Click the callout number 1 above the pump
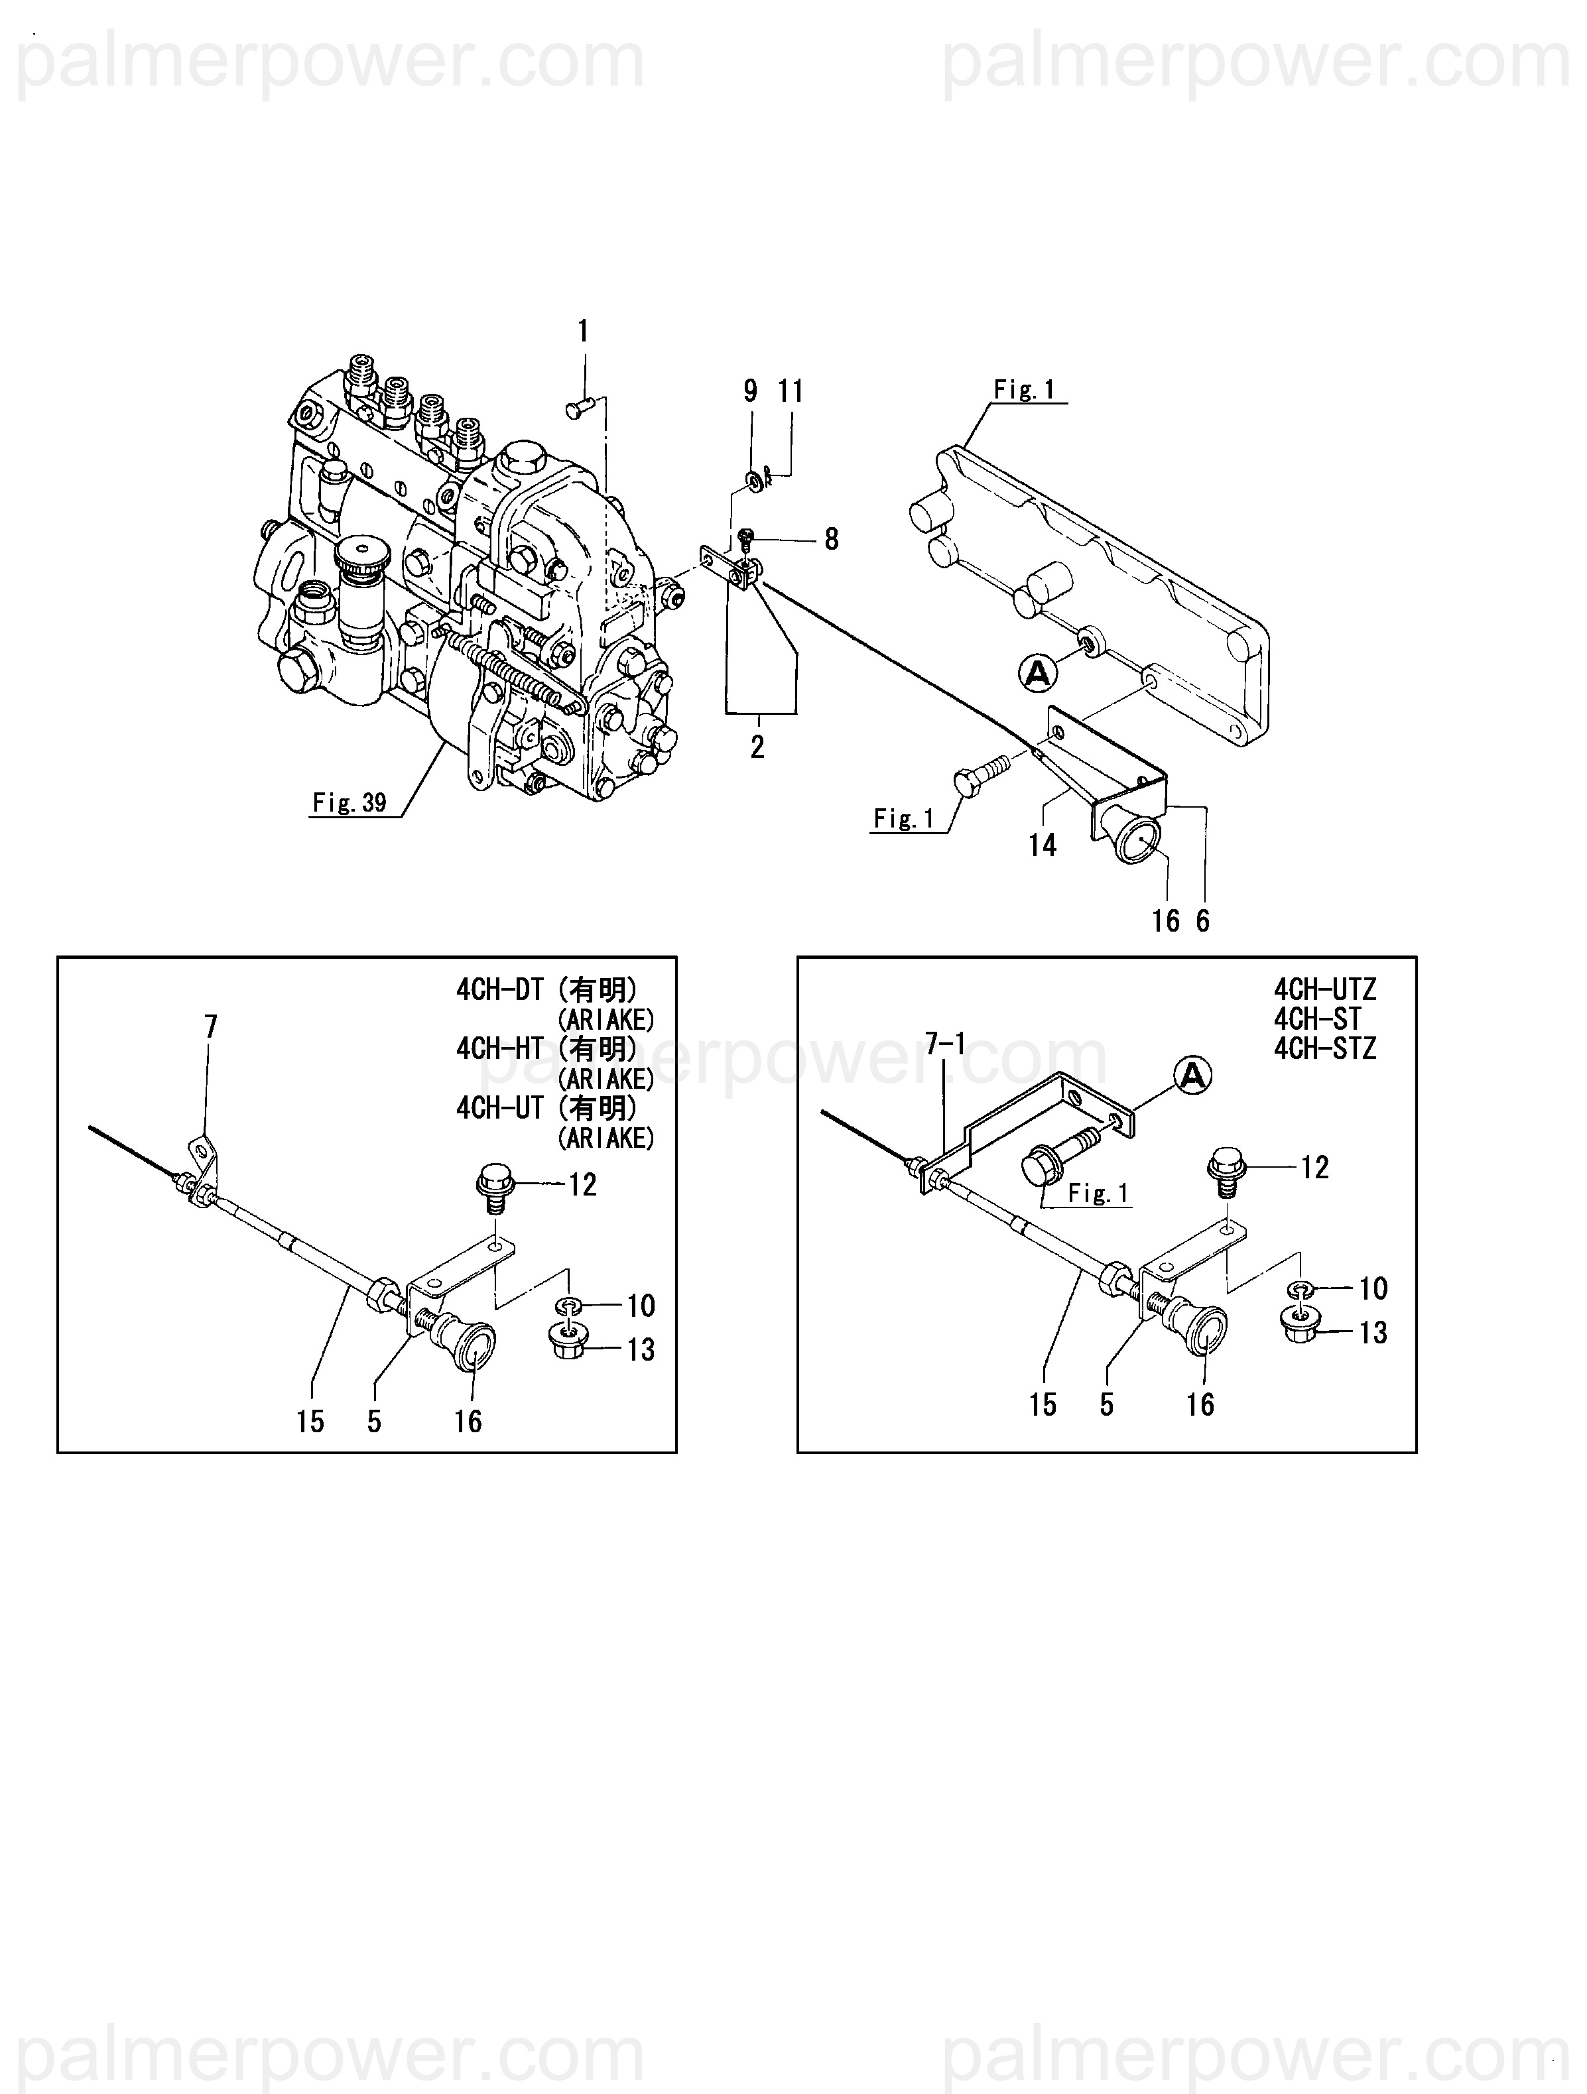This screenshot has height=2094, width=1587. pyautogui.click(x=584, y=332)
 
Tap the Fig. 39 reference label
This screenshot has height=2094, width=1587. pyautogui.click(x=349, y=803)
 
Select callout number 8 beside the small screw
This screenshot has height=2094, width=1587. pyautogui.click(x=832, y=540)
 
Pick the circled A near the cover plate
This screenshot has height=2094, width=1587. pyautogui.click(x=1037, y=673)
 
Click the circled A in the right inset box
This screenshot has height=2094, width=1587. pyautogui.click(x=1193, y=1076)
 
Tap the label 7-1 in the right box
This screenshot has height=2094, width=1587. pyautogui.click(x=945, y=1044)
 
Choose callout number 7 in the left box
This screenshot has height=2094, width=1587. pyautogui.click(x=211, y=1026)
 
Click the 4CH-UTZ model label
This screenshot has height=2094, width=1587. pyautogui.click(x=1324, y=990)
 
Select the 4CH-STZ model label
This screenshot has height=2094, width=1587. pyautogui.click(x=1324, y=1049)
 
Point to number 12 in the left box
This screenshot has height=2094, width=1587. pyautogui.click(x=582, y=1184)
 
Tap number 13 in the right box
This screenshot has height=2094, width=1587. pyautogui.click(x=1373, y=1332)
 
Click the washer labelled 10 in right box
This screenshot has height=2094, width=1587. pyautogui.click(x=1301, y=1288)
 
